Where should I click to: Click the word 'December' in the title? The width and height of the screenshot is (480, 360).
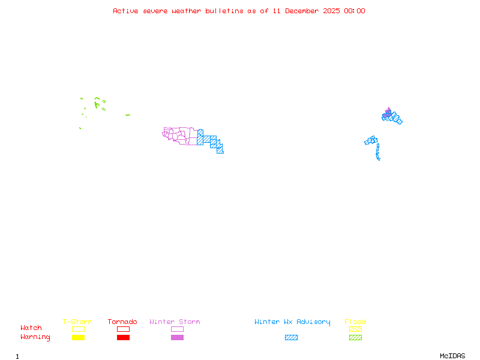click(304, 11)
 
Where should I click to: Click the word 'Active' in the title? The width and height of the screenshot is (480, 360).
click(126, 11)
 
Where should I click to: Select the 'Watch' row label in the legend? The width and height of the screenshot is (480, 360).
click(31, 328)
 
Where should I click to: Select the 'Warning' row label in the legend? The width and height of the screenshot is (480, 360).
click(35, 337)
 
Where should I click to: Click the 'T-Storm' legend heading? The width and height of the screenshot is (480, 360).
click(77, 322)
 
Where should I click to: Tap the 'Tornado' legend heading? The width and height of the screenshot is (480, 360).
click(122, 322)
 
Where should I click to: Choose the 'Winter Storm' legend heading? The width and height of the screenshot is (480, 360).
click(175, 322)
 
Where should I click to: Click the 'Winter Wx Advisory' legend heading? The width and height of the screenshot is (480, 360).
click(292, 322)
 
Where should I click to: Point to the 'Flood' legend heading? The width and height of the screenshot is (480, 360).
click(355, 322)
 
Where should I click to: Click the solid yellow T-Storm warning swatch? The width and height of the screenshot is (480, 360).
click(78, 337)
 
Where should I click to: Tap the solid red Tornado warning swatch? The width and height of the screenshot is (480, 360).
click(123, 337)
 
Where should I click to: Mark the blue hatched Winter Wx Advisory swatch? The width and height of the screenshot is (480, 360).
click(291, 337)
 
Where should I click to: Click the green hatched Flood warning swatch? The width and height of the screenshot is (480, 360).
click(355, 337)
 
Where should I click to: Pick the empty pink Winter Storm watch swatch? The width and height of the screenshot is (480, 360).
click(177, 329)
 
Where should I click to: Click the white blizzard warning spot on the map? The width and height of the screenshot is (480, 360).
click(380, 159)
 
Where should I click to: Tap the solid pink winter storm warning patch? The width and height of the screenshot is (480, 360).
click(388, 112)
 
